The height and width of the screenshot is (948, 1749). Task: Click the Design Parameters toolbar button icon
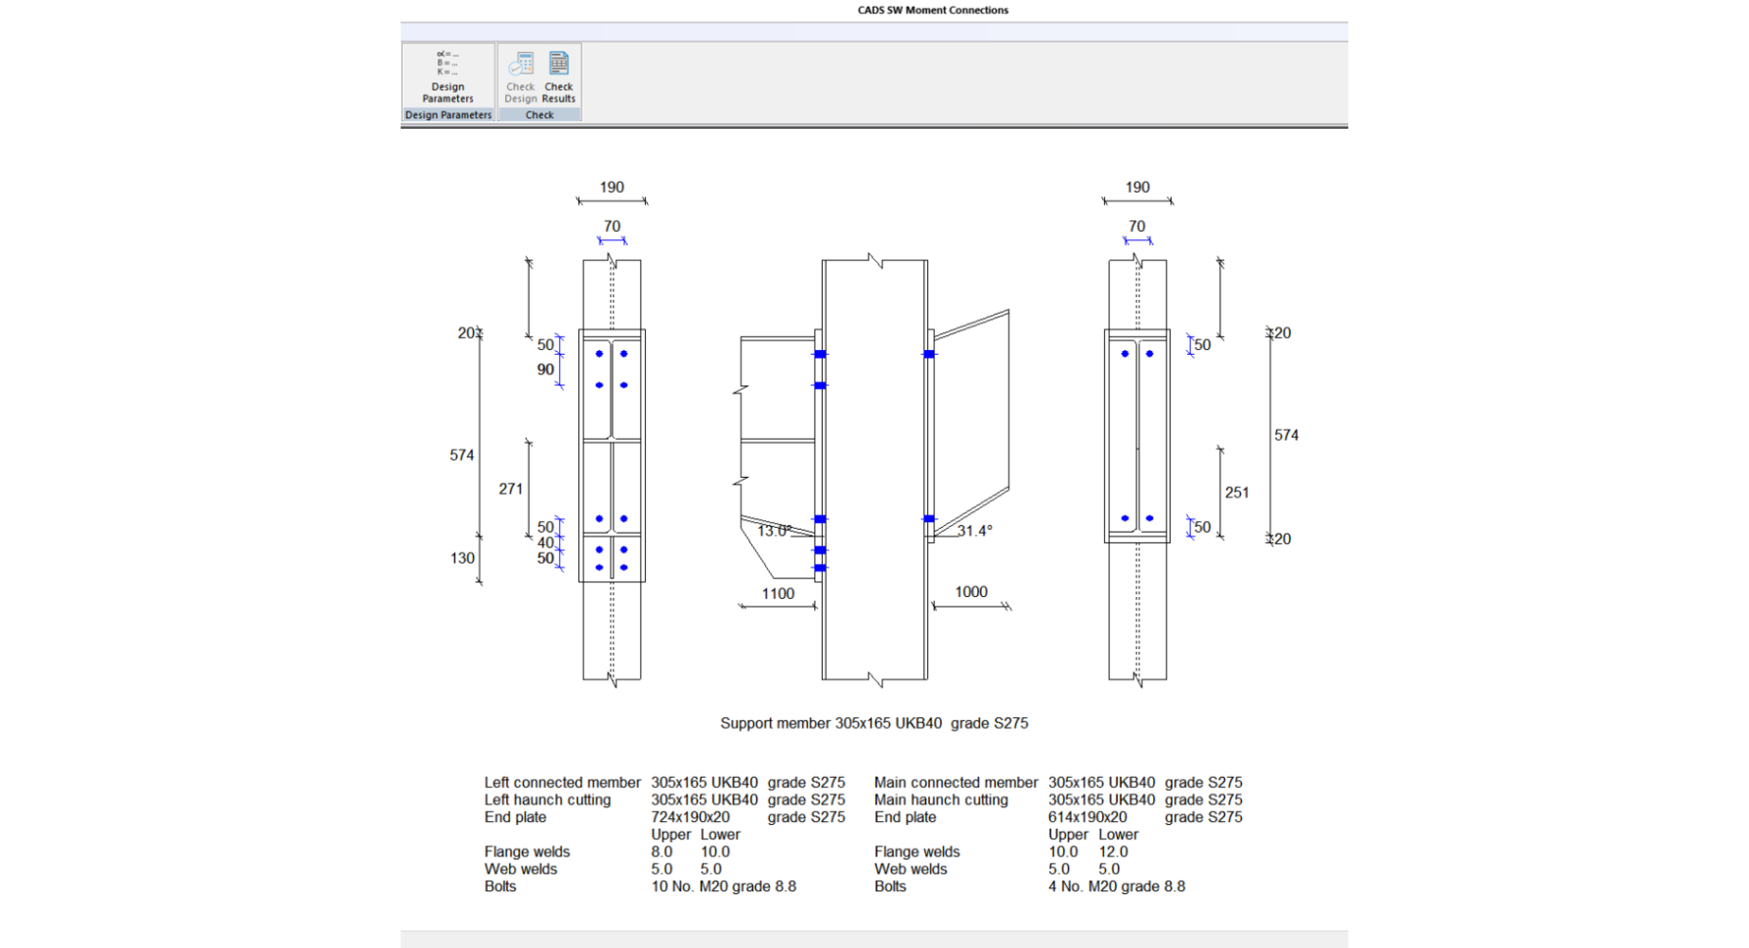(448, 65)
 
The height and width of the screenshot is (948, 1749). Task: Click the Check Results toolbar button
(559, 77)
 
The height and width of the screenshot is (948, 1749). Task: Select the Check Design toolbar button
(521, 77)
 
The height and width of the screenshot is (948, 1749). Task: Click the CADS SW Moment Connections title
(932, 11)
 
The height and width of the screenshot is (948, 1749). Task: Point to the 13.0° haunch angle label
(774, 531)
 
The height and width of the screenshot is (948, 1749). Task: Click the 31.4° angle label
(974, 531)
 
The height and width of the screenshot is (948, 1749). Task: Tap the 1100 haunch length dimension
(778, 593)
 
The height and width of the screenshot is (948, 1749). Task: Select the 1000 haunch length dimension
(970, 591)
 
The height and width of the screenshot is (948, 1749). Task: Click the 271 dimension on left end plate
(510, 489)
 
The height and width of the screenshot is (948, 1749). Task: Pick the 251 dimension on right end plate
(1236, 493)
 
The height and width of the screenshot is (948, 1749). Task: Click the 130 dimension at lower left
(462, 558)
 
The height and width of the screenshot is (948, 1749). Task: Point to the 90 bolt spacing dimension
(545, 369)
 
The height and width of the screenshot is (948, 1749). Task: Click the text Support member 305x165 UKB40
(831, 723)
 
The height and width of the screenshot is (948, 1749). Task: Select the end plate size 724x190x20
(690, 817)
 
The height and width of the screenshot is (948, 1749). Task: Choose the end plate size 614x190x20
(1087, 817)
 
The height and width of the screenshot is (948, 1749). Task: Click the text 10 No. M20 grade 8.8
(723, 886)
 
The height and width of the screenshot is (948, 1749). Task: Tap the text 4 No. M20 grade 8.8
(1116, 886)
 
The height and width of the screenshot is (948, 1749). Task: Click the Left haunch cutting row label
(547, 799)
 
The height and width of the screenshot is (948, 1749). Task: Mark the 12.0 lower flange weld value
(1113, 851)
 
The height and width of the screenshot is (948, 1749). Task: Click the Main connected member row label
(956, 782)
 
